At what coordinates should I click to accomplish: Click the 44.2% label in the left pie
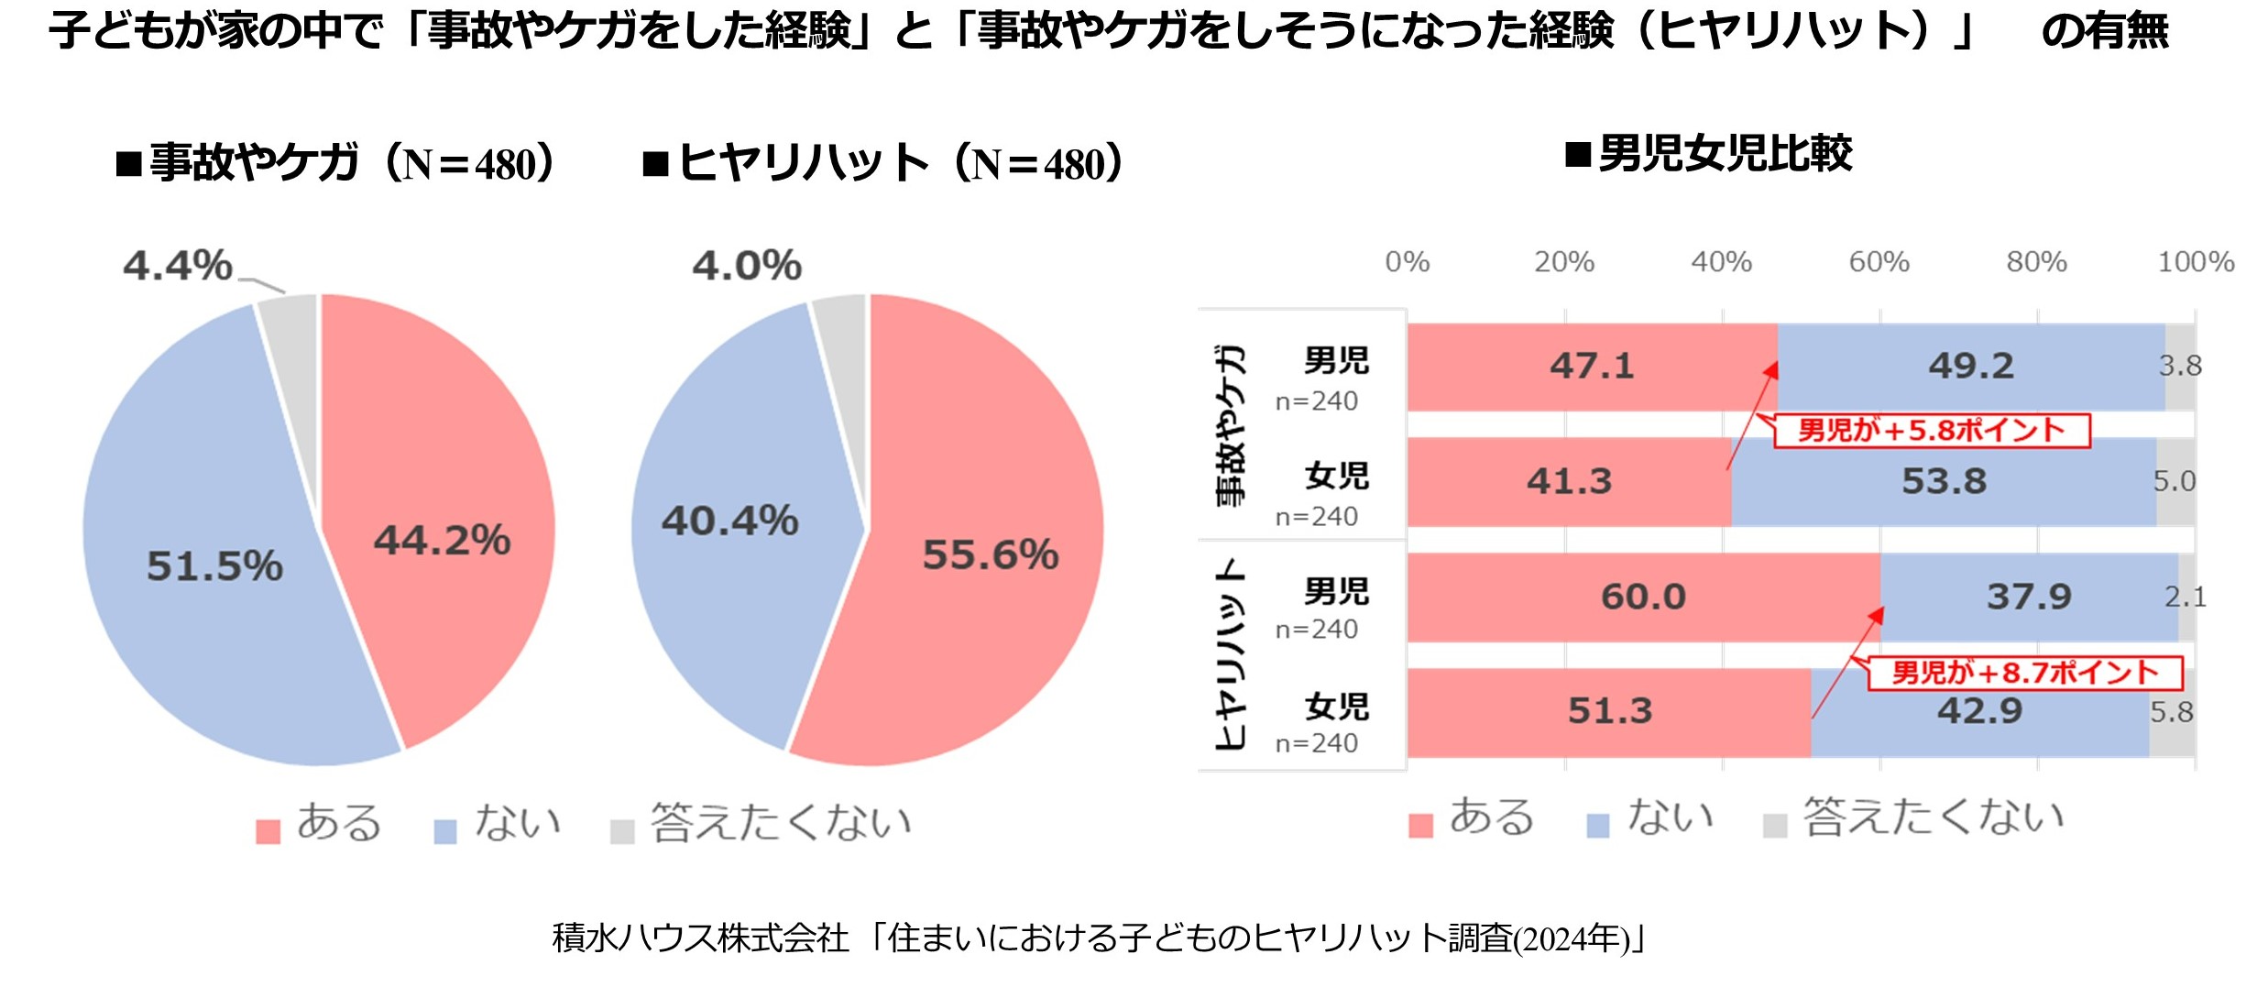click(x=442, y=540)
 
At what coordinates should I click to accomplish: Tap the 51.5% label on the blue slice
click(x=214, y=565)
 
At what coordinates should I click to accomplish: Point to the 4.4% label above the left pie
click(x=178, y=266)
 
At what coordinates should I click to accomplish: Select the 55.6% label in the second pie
click(x=990, y=554)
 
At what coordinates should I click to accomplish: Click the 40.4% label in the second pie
click(x=730, y=521)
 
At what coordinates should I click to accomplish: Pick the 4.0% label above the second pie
click(x=747, y=266)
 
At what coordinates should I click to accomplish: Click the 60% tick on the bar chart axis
click(x=1879, y=262)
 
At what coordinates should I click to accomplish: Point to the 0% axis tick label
click(x=1408, y=262)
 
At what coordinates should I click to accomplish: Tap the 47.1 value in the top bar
click(x=1593, y=366)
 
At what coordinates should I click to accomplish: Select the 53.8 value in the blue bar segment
click(x=1945, y=481)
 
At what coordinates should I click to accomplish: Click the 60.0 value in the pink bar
click(x=1643, y=597)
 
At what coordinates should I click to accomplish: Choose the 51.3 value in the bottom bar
click(x=1610, y=711)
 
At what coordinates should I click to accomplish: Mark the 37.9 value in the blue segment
click(x=2029, y=597)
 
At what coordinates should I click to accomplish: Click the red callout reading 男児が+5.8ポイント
click(x=1932, y=431)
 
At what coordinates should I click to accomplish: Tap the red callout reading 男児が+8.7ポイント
click(x=2025, y=674)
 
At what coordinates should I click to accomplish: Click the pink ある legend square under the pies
click(x=268, y=831)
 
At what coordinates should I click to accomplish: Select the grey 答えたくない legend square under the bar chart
click(x=1775, y=826)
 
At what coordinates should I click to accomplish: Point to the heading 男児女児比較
click(x=1726, y=154)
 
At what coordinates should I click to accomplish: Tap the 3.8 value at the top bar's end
click(x=2180, y=366)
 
